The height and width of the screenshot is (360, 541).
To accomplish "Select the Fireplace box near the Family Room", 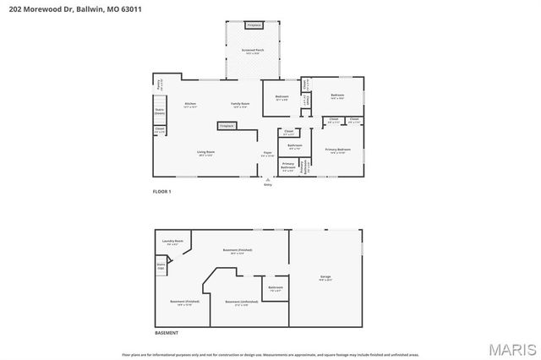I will [x=227, y=126].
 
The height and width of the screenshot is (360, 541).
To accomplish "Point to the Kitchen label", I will [x=190, y=105].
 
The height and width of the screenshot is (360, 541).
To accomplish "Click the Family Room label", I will [x=240, y=105].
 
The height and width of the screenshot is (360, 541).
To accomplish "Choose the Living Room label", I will [x=207, y=153].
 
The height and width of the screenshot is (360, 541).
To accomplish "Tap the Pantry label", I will [x=159, y=84].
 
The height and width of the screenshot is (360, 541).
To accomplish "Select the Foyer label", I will [x=267, y=154].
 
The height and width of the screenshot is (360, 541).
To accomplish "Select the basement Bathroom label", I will [x=276, y=288].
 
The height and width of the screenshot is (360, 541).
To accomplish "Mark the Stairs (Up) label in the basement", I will [x=160, y=266].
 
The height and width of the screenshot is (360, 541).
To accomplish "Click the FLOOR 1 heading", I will [x=161, y=193].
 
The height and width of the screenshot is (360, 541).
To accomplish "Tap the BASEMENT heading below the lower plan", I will [x=166, y=333].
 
